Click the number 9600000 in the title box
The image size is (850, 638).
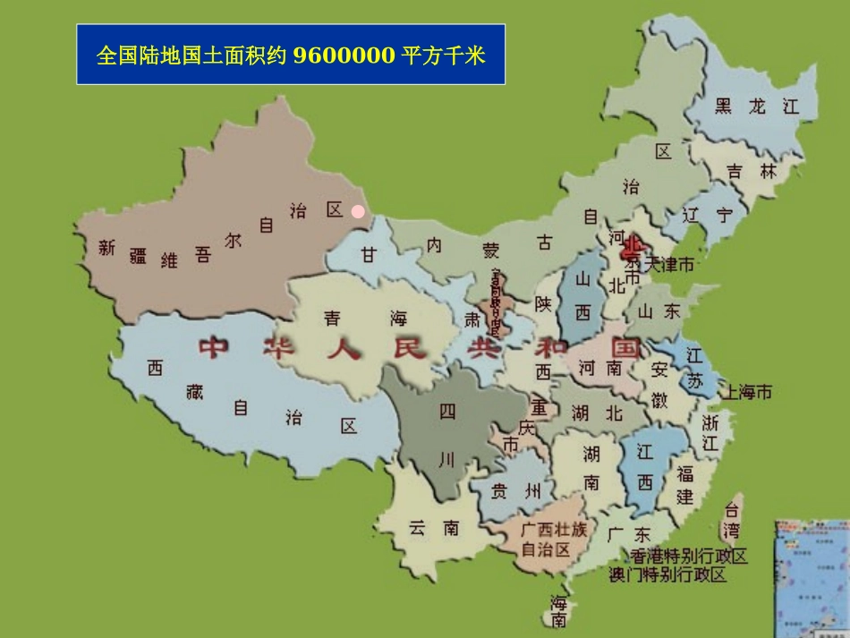pyautogui.click(x=343, y=56)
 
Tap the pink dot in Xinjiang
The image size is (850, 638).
pyautogui.click(x=358, y=212)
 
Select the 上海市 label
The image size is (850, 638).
pyautogui.click(x=749, y=392)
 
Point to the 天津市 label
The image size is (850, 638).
pyautogui.click(x=666, y=264)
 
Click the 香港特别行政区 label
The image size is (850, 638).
pyautogui.click(x=689, y=557)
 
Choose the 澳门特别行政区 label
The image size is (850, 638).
pyautogui.click(x=667, y=574)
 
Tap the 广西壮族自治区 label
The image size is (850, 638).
pyautogui.click(x=555, y=540)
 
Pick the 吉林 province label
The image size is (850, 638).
pyautogui.click(x=752, y=172)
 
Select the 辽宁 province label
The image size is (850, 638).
pyautogui.click(x=707, y=216)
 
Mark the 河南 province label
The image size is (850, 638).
pyautogui.click(x=599, y=368)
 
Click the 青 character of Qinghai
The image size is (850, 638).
pyautogui.click(x=331, y=318)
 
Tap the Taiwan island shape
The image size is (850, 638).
pyautogui.click(x=731, y=520)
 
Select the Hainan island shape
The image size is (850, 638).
pyautogui.click(x=557, y=611)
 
